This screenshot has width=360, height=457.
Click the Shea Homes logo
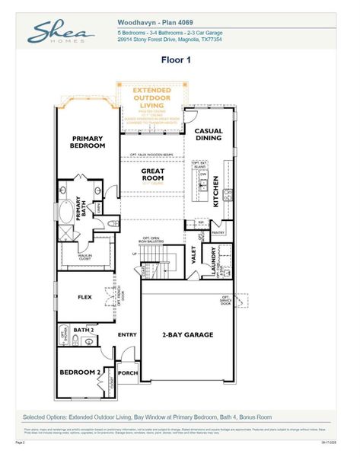pyautogui.click(x=60, y=32)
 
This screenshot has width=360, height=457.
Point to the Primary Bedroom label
pyautogui.click(x=88, y=142)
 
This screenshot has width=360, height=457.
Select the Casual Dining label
pyautogui.click(x=209, y=135)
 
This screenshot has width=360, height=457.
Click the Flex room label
pyautogui.click(x=85, y=298)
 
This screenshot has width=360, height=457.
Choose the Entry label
pyautogui.click(x=127, y=334)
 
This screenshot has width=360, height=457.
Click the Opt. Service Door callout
pyautogui.click(x=226, y=299)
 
